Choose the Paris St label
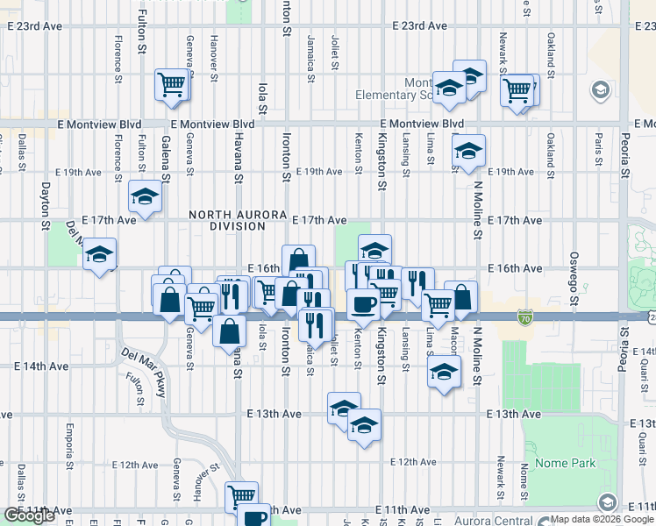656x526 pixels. pos(598,144)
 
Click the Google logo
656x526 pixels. pos(29,515)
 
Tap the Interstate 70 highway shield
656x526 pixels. pos(524,316)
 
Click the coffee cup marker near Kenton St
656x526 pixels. pos(362,303)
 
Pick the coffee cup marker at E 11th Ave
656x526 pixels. pos(254,516)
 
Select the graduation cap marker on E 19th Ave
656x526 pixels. pos(468,152)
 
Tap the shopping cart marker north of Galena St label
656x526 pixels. pos(173,84)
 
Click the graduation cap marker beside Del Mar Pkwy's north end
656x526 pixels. pos(100,254)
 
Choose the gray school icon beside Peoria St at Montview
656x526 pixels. pos(602,90)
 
